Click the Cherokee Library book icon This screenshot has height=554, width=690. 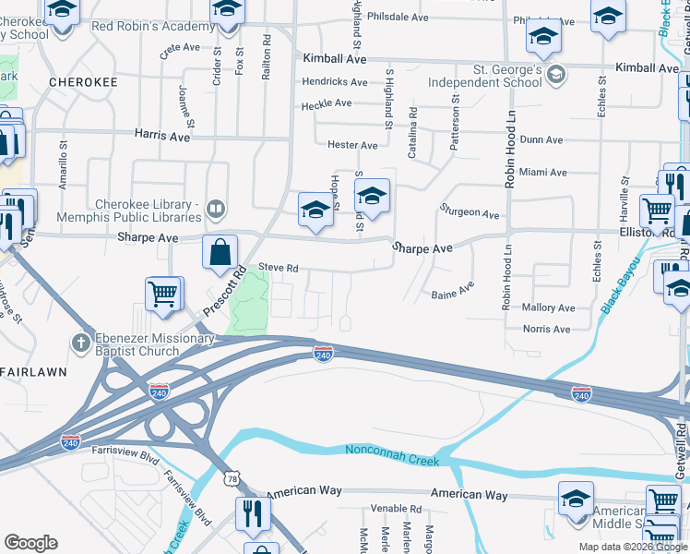(215, 209)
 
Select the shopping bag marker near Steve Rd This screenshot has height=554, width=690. (220, 253)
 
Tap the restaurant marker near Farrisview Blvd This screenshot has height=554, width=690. (253, 512)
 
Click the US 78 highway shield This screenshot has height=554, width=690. (231, 479)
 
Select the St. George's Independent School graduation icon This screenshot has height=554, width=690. (554, 74)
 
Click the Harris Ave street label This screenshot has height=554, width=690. (161, 136)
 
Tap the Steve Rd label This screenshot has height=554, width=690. (278, 267)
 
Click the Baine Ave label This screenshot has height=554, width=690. (452, 295)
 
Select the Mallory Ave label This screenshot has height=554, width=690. (548, 307)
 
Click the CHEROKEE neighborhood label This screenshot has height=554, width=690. (82, 82)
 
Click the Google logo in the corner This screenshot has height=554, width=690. (30, 543)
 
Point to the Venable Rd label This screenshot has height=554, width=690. (396, 509)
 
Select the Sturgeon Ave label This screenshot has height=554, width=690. (470, 213)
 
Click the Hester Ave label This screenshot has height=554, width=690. (352, 145)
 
